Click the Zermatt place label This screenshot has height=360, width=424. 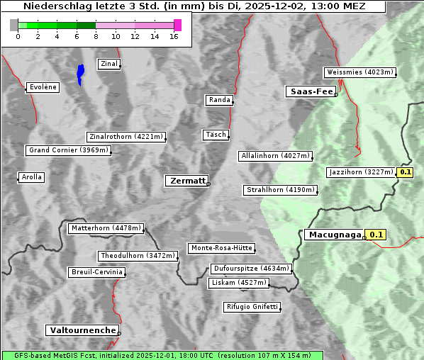point(186,181)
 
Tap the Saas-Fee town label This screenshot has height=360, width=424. point(311,91)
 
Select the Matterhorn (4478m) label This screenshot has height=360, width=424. point(106,228)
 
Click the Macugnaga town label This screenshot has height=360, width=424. point(334,235)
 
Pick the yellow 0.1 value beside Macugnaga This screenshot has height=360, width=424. point(376,235)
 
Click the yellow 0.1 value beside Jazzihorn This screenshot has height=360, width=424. point(405,172)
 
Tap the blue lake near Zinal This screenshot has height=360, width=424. point(80,73)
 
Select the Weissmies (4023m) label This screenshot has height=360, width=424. point(359,72)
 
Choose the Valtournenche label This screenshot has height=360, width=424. point(82,330)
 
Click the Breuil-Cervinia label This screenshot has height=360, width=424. point(96,272)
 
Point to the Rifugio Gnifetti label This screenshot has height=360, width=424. point(252,307)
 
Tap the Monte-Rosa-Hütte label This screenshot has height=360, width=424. point(221,248)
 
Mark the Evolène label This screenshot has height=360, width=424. point(43,87)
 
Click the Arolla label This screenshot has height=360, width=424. point(31,177)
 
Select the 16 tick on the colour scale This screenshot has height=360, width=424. point(174,35)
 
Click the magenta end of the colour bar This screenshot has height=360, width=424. point(177,25)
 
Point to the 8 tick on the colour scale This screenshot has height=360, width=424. point(96,35)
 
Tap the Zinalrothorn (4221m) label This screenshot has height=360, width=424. point(126,137)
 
